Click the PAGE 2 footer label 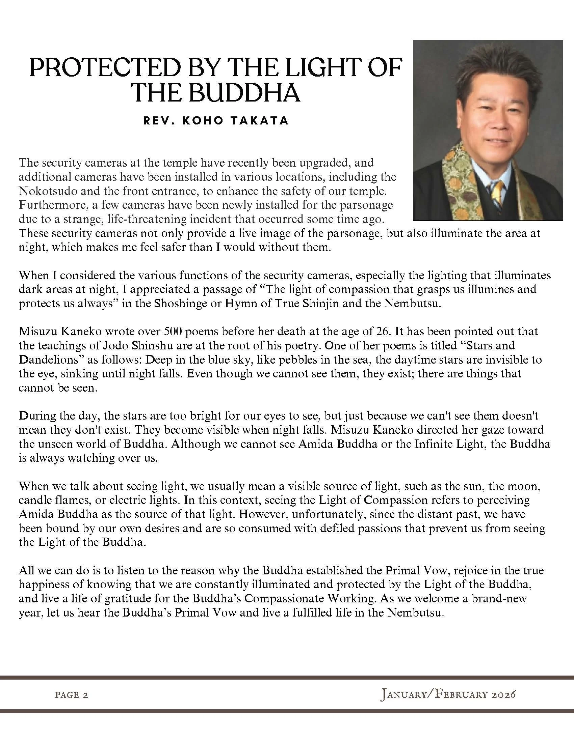click(71, 694)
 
